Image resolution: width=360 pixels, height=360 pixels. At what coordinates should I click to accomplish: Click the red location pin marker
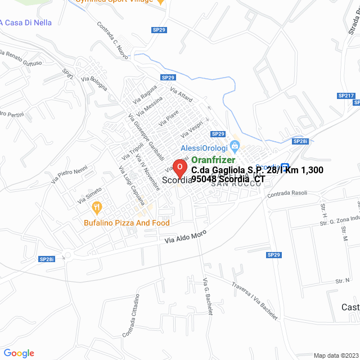pyautogui.click(x=179, y=168)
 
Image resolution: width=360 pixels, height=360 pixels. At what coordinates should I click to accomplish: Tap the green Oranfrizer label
pyautogui.click(x=213, y=160)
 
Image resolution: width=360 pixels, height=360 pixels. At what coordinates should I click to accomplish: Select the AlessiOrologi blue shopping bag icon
pyautogui.click(x=235, y=147)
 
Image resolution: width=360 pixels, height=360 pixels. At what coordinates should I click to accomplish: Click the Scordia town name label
pyautogui.click(x=175, y=181)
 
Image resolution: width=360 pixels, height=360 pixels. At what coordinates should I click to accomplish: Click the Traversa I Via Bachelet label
pyautogui.click(x=255, y=299)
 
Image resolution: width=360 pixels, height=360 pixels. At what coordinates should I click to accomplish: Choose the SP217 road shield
pyautogui.click(x=346, y=96)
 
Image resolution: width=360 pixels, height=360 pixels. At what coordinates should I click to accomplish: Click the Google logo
pyautogui.click(x=19, y=353)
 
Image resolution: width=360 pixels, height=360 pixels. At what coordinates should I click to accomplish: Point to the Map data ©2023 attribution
pyautogui.click(x=335, y=355)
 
